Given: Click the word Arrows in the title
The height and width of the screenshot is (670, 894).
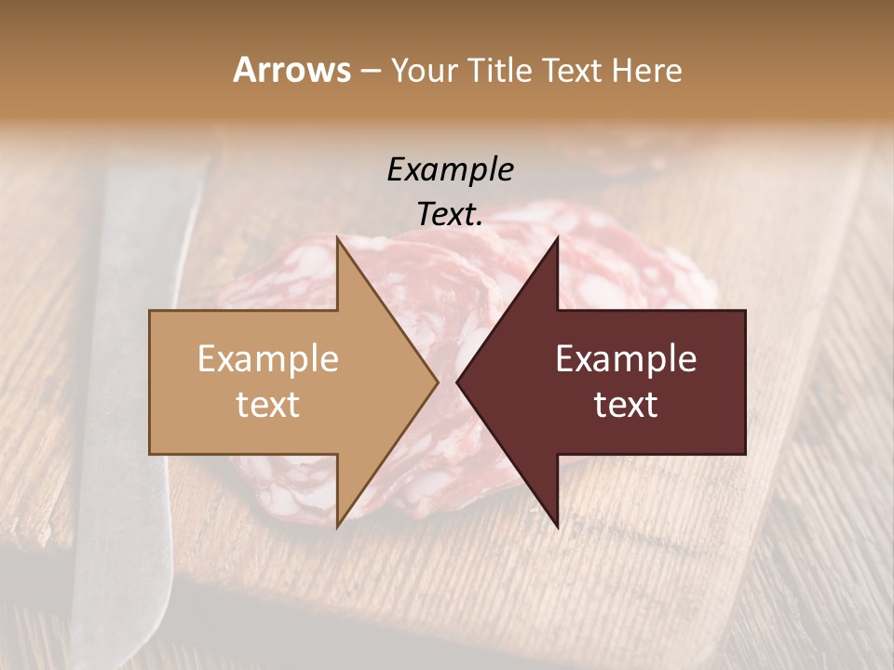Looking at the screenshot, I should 291,70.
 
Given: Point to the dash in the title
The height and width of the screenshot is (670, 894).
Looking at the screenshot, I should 371,71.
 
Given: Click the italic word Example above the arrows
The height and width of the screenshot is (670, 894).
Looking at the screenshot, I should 450,170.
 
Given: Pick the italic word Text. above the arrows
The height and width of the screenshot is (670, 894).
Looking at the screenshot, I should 450,215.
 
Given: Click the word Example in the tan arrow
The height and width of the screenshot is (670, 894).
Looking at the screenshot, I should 268,359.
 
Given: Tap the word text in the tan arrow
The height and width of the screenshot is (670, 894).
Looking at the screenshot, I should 268,405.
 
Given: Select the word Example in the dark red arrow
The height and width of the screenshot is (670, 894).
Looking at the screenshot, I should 626,359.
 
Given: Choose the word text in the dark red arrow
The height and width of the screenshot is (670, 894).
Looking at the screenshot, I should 626,405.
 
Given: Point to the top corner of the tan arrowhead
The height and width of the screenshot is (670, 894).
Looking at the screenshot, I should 338,238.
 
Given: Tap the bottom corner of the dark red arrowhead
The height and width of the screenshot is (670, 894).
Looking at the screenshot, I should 557,526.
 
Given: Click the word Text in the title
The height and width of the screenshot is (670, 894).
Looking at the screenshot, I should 570,70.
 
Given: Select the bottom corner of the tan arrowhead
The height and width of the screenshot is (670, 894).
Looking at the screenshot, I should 338,526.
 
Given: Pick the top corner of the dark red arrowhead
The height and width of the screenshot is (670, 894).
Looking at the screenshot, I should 557,238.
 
